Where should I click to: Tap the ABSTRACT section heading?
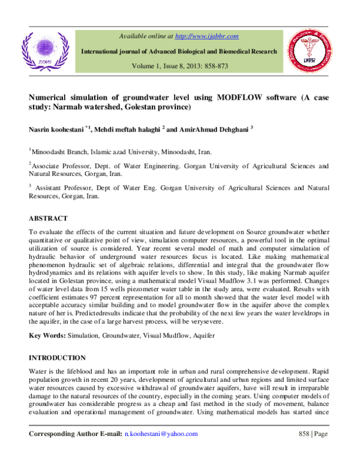pos(48,219)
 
